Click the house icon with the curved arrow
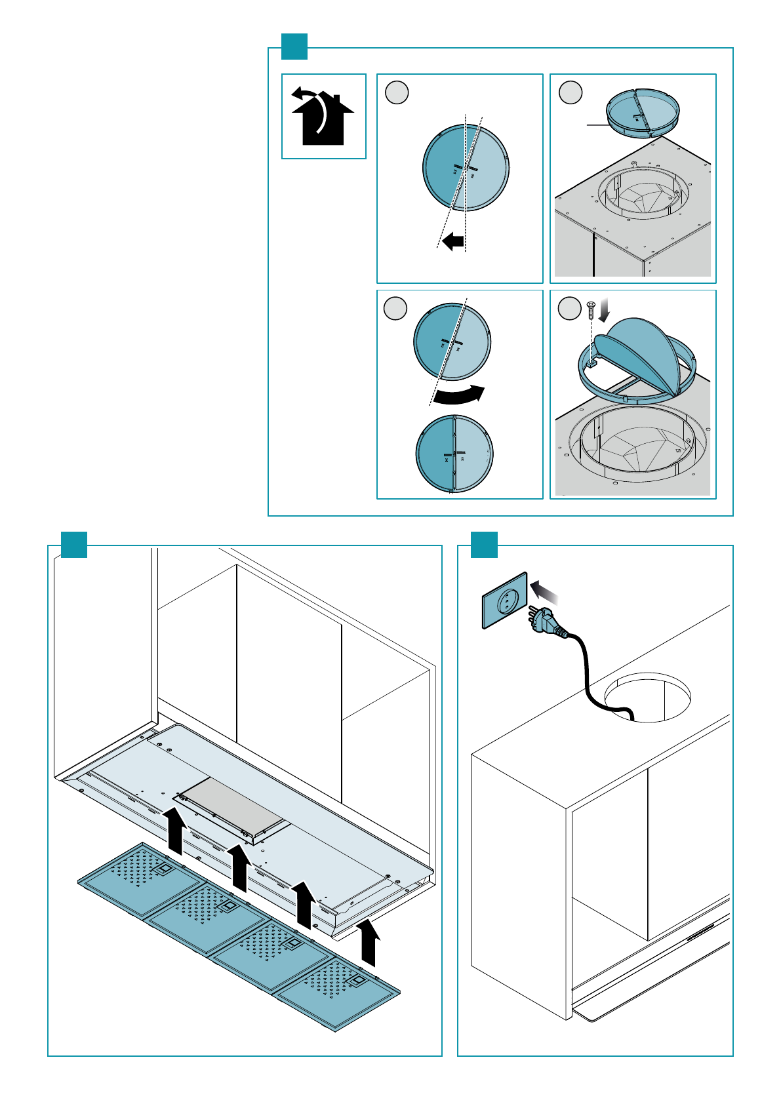click(x=323, y=117)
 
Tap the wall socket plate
click(x=505, y=601)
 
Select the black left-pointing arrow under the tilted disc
click(x=453, y=241)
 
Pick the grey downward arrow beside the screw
click(x=605, y=309)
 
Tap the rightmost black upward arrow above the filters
click(x=369, y=943)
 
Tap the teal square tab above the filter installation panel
click(x=74, y=545)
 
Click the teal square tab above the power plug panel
click(x=484, y=545)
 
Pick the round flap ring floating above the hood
click(x=643, y=113)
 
